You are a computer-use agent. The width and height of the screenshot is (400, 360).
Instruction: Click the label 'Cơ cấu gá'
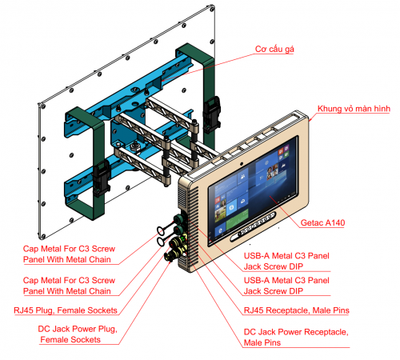coord(274,49)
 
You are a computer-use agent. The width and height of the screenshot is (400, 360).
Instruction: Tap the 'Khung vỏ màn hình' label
coord(354,109)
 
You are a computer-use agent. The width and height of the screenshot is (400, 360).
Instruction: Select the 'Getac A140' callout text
coord(322,222)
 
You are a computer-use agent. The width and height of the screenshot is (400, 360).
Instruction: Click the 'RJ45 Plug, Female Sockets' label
coord(66,310)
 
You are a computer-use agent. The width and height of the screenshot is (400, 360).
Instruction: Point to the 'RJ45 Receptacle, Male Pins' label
coord(297,310)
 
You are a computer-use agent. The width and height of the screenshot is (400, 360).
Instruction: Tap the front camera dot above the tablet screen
coord(241,163)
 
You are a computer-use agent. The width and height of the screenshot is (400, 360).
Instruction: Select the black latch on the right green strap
coord(211,114)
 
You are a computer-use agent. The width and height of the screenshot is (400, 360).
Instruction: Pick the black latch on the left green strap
coord(101,178)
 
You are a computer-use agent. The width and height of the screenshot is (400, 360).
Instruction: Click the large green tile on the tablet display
coord(238,218)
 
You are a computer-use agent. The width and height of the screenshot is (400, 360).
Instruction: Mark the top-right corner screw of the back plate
coord(212,9)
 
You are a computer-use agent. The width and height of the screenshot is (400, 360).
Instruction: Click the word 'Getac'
coord(311,222)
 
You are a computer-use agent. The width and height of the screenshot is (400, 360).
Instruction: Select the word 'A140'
coord(334,222)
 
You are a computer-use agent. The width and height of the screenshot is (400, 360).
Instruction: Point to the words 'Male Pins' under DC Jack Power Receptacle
coord(262,342)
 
